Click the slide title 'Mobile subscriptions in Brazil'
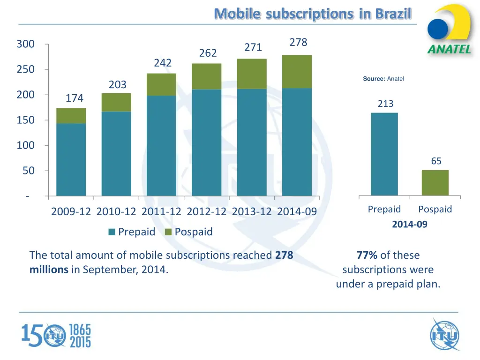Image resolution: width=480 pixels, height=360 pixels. point(312,14)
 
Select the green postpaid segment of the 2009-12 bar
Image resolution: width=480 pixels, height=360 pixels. point(71,116)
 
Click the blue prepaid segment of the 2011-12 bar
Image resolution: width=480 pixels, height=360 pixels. point(161,145)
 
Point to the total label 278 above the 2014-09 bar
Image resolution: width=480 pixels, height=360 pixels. point(298,43)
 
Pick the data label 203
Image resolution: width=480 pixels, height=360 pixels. point(118,85)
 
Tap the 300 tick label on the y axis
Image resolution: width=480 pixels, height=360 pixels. point(25,45)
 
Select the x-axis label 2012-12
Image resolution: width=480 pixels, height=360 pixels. point(206,212)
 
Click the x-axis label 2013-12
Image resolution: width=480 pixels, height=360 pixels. point(252,212)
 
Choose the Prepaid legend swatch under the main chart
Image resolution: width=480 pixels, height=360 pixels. point(112,232)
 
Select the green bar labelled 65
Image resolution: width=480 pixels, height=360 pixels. point(435,182)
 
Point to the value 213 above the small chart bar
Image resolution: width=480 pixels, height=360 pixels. point(385,104)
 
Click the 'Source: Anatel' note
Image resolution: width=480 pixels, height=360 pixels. point(383,79)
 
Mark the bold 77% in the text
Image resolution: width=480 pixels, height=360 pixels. point(367,255)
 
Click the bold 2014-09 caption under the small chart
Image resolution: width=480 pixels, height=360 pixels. point(410,225)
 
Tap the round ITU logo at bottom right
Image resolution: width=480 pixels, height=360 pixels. point(444,334)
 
